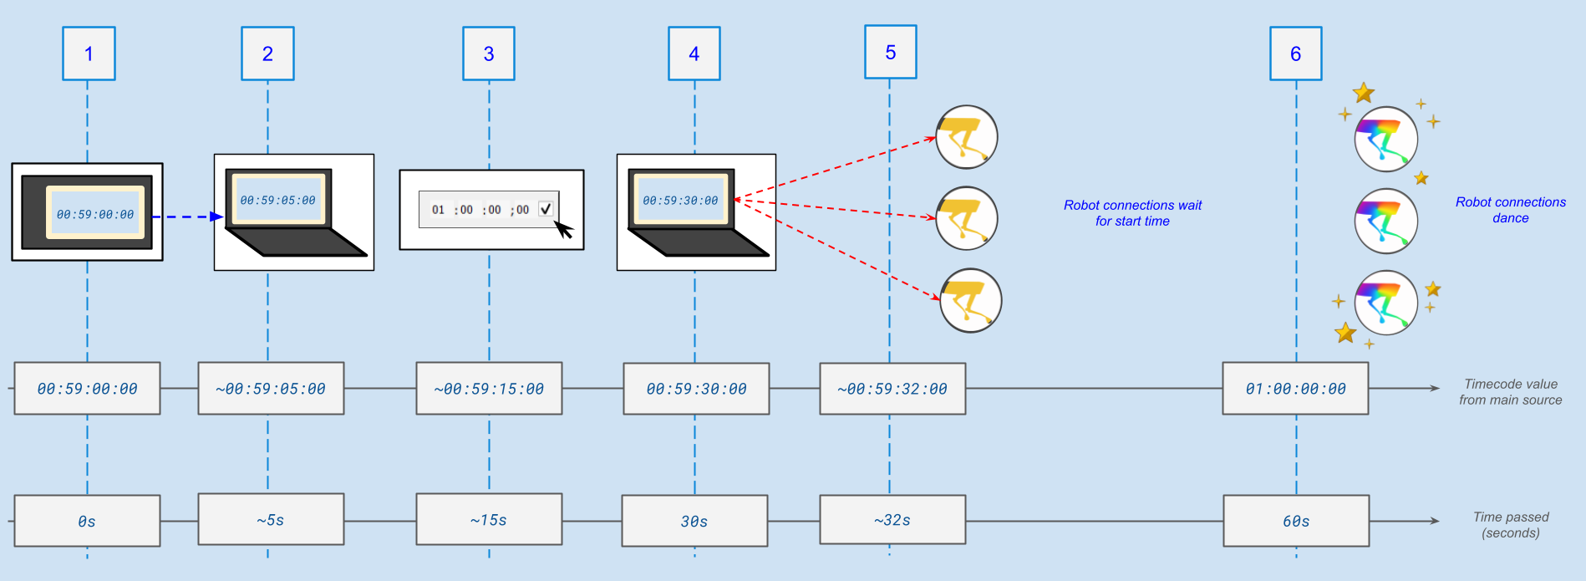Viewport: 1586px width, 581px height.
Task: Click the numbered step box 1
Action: tap(89, 54)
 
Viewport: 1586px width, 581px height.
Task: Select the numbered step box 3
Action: tap(489, 54)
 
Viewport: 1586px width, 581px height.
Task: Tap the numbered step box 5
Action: tap(890, 52)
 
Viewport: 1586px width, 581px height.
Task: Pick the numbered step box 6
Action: tap(1295, 54)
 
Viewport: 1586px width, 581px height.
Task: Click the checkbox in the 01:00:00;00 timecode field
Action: tap(546, 209)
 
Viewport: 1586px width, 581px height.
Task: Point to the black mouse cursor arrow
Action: tap(564, 229)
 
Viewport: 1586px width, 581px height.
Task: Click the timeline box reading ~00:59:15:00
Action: tap(489, 389)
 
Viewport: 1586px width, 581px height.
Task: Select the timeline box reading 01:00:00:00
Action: tap(1295, 389)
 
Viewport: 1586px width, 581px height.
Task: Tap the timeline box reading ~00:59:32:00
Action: tap(892, 389)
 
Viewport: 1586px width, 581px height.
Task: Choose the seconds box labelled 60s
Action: tap(1296, 521)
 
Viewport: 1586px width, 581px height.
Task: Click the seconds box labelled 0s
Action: tap(87, 521)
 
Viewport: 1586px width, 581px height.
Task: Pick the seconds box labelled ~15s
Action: tap(489, 520)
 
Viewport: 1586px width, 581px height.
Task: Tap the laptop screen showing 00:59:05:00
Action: tap(277, 200)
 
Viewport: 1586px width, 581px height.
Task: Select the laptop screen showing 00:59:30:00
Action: tap(680, 200)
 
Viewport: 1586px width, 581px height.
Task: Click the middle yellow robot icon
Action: tap(967, 218)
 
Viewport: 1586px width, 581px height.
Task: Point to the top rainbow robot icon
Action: tap(1385, 139)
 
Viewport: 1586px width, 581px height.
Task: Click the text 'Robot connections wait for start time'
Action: tap(1132, 213)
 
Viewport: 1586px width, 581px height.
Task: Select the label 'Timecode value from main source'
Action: tap(1510, 392)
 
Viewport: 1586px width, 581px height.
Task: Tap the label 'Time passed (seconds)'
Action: tap(1510, 525)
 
